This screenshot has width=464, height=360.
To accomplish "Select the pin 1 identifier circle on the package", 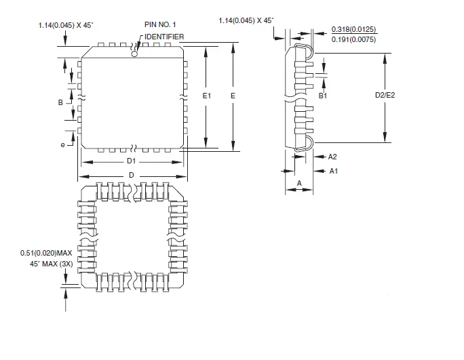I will (134, 54).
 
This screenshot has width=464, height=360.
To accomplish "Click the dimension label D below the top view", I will (132, 176).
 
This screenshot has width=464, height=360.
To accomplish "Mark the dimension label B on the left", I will (60, 102).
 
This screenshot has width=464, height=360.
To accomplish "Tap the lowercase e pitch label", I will (62, 145).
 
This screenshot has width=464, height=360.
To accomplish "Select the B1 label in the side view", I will (324, 96).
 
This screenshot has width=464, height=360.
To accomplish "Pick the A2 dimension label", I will (332, 156).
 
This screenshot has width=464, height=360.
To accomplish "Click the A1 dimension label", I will (333, 171).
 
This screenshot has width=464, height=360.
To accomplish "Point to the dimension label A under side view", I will (298, 183).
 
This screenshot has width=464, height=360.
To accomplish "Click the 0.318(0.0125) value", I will (353, 29).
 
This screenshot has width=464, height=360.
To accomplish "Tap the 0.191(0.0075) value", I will (353, 39).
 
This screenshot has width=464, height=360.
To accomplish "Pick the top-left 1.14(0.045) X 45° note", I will (66, 25).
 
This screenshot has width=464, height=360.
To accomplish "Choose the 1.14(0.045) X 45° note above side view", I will (246, 21).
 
